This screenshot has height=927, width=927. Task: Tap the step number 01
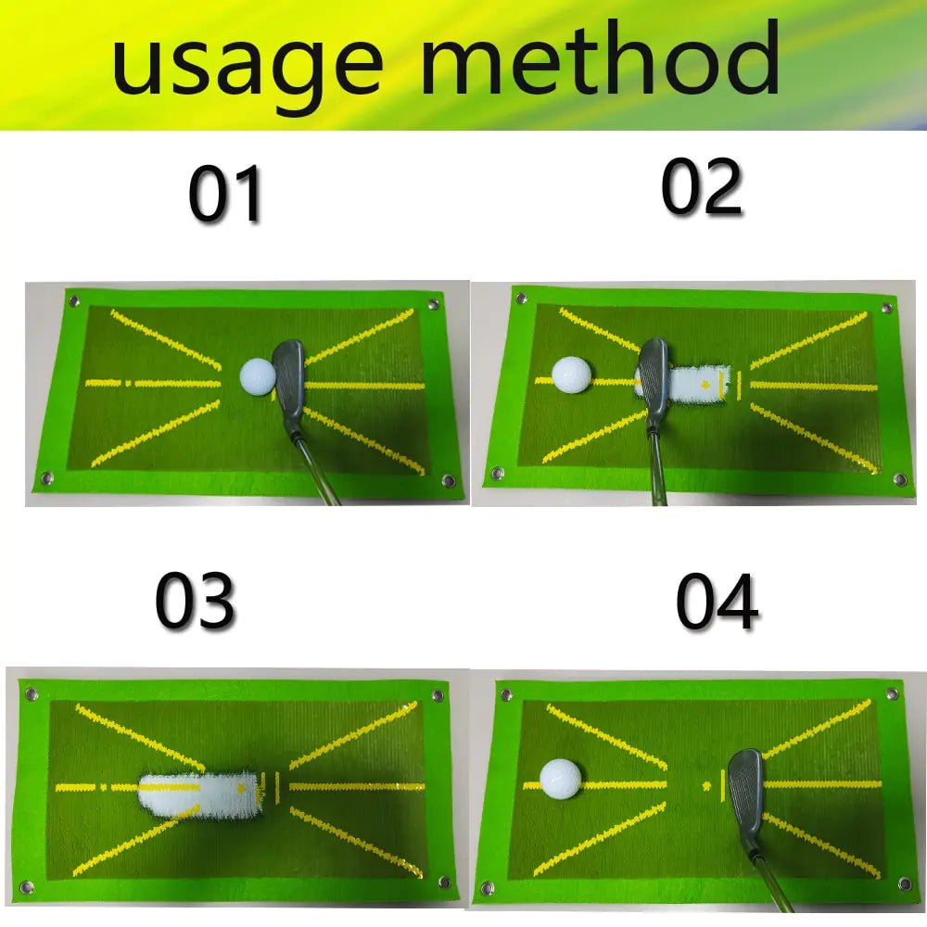pos(225,196)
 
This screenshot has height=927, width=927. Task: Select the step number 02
pos(702,187)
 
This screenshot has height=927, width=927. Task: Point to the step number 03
pos(195,603)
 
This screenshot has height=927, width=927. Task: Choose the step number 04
pos(717,603)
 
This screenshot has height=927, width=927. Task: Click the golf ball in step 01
pos(258,375)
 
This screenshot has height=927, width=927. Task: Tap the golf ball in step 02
pos(571,374)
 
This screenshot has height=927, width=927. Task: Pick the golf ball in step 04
pos(560,780)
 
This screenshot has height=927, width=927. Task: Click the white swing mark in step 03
pos(199,792)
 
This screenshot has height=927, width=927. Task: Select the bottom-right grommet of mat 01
pos(450,481)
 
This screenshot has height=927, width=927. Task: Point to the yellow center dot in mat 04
pos(706,786)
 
